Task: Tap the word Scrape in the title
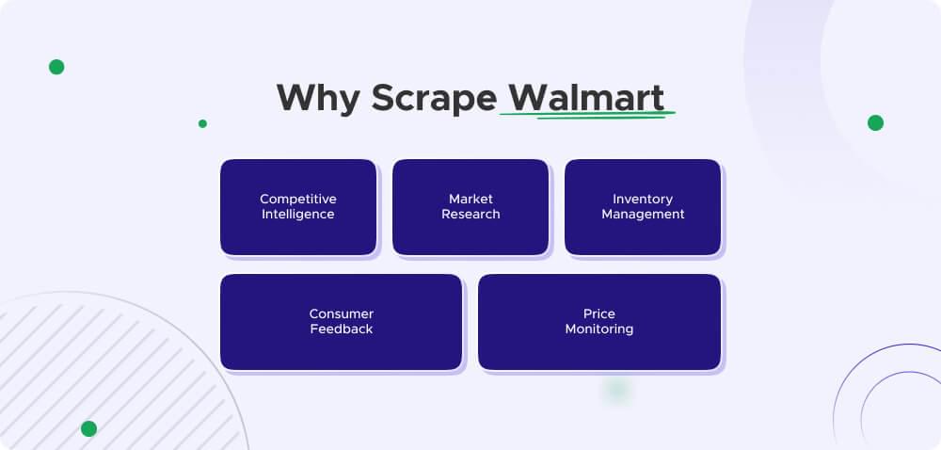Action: [x=434, y=98]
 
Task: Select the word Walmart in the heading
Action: [x=586, y=97]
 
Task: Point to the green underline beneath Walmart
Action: [x=587, y=116]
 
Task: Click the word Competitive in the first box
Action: [x=298, y=199]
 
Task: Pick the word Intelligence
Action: [x=298, y=214]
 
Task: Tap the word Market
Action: [x=470, y=199]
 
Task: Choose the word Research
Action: [x=470, y=214]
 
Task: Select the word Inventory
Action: [x=643, y=199]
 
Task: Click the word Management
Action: [x=643, y=214]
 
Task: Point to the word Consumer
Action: [x=342, y=313]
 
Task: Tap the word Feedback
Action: [x=342, y=329]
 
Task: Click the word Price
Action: [x=599, y=313]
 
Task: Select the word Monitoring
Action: [x=599, y=329]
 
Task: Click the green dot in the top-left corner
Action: [x=56, y=67]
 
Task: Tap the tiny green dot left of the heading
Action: [x=202, y=123]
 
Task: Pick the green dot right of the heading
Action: [x=875, y=122]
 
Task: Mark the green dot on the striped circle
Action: [x=88, y=428]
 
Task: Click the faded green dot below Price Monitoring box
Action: [x=616, y=389]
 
